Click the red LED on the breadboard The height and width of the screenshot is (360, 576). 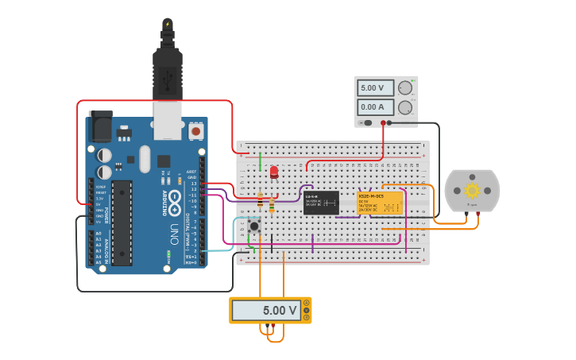coord(274,172)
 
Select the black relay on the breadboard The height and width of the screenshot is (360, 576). coord(321,202)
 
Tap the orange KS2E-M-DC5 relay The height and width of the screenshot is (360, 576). coord(379,203)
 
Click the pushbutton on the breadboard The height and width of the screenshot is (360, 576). coord(254,226)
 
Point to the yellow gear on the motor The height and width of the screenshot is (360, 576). coord(472,190)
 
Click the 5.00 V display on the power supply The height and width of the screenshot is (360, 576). coord(375,87)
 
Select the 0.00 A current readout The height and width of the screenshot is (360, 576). coord(375,106)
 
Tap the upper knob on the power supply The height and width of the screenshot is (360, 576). coord(405,87)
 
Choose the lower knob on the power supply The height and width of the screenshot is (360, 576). coord(405,106)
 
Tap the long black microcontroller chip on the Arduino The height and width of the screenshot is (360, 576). coord(122,223)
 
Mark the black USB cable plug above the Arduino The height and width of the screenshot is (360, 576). coord(167,75)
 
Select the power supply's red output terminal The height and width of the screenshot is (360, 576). coord(383,122)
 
